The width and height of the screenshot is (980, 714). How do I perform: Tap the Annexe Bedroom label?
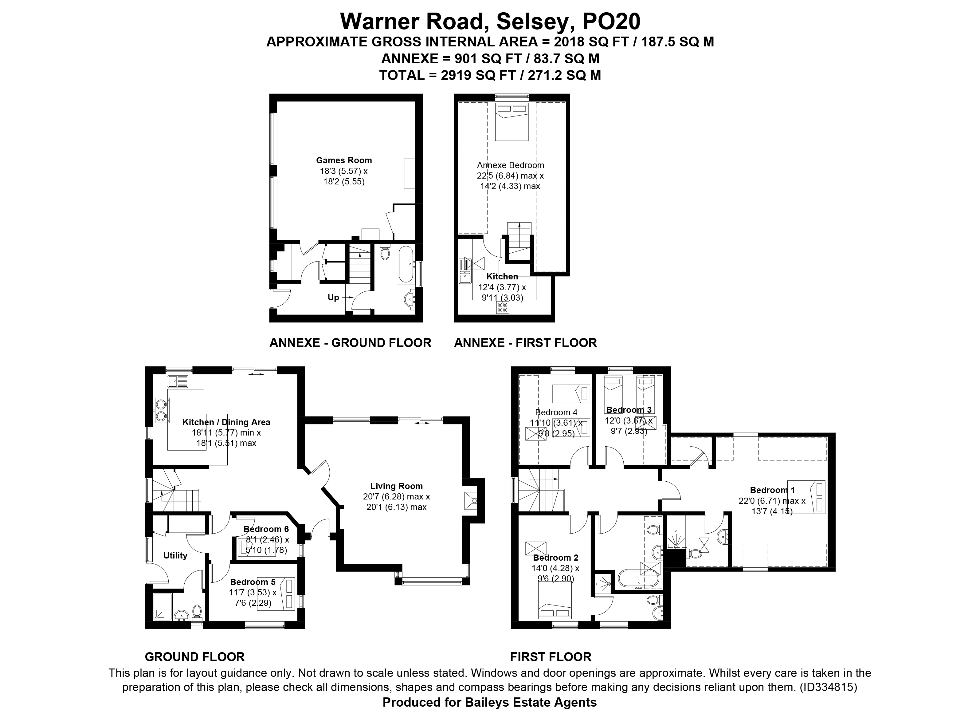click(510, 165)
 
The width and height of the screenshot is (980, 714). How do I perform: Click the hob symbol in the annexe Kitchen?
click(503, 307)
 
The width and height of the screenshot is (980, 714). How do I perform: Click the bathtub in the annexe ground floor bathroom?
click(406, 265)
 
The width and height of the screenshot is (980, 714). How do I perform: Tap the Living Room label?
click(396, 486)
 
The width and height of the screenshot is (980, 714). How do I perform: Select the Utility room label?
click(175, 556)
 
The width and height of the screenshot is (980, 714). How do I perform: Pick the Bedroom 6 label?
click(266, 529)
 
